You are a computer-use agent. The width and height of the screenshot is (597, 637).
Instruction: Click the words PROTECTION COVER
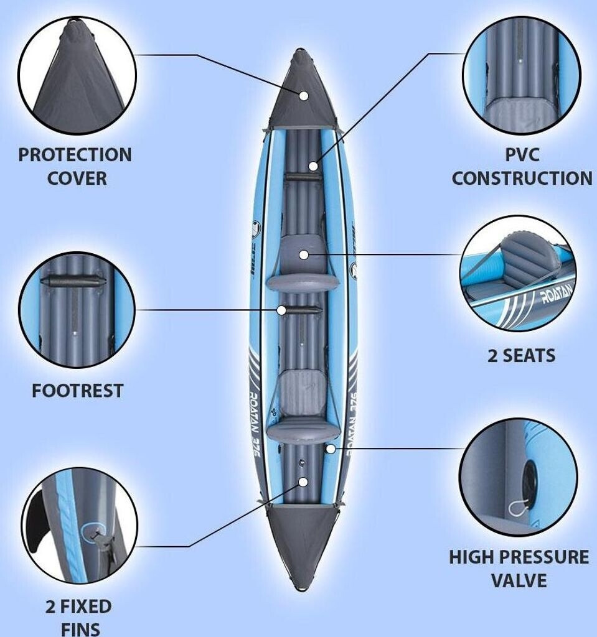click(75, 166)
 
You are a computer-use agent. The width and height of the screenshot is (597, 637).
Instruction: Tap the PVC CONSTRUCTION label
click(522, 166)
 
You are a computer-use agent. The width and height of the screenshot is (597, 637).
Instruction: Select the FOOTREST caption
click(77, 391)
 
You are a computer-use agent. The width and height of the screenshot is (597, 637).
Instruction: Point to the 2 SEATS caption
click(521, 356)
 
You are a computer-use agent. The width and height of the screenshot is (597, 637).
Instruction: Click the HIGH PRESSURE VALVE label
click(519, 569)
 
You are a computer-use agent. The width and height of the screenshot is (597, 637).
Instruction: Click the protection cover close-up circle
click(77, 75)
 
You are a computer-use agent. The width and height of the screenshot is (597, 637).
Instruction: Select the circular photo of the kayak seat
click(517, 274)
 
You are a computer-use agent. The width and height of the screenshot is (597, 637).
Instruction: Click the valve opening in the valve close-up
click(530, 482)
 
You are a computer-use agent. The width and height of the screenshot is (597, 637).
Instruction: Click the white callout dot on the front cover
click(304, 96)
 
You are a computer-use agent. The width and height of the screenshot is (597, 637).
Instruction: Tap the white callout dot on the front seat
click(303, 254)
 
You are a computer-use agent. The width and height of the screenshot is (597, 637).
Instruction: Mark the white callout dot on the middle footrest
click(282, 310)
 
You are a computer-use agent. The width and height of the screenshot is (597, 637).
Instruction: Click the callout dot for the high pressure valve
click(331, 448)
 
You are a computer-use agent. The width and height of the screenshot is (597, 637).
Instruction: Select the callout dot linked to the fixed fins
click(303, 481)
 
